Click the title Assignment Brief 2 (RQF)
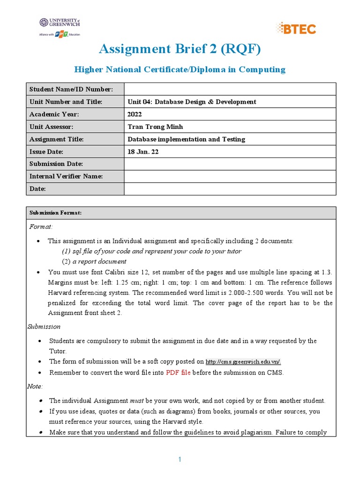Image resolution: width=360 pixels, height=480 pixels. click(x=180, y=48)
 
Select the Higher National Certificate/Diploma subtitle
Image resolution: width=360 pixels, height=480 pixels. click(x=180, y=69)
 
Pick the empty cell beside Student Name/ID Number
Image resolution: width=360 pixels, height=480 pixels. click(x=230, y=89)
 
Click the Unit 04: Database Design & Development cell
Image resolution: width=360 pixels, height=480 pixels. click(x=192, y=102)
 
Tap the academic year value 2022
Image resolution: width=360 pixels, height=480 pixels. click(x=135, y=114)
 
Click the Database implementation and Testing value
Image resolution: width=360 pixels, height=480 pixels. click(x=186, y=139)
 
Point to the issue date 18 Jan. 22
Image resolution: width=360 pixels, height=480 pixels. click(x=143, y=152)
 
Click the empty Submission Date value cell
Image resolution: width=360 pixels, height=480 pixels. click(x=230, y=164)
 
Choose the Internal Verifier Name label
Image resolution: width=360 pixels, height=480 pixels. click(x=66, y=177)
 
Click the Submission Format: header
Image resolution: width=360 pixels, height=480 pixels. click(x=55, y=213)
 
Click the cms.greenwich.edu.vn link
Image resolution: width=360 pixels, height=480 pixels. click(x=243, y=361)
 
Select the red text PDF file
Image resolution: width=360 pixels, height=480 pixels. click(x=179, y=373)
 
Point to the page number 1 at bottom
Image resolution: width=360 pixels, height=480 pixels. click(x=180, y=460)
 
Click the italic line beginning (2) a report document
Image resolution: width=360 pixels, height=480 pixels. click(x=94, y=262)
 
